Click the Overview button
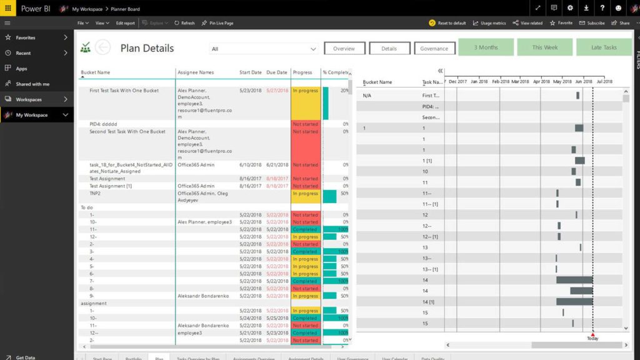344,49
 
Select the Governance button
434,49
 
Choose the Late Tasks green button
603,47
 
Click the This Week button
544,47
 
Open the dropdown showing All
264,49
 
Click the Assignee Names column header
196,72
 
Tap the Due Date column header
277,72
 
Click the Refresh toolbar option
184,23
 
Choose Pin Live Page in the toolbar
217,23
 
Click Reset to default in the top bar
447,23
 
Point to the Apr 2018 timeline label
541,81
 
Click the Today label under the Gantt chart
592,338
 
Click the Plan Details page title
147,48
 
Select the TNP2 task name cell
95,194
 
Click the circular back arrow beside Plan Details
102,47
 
